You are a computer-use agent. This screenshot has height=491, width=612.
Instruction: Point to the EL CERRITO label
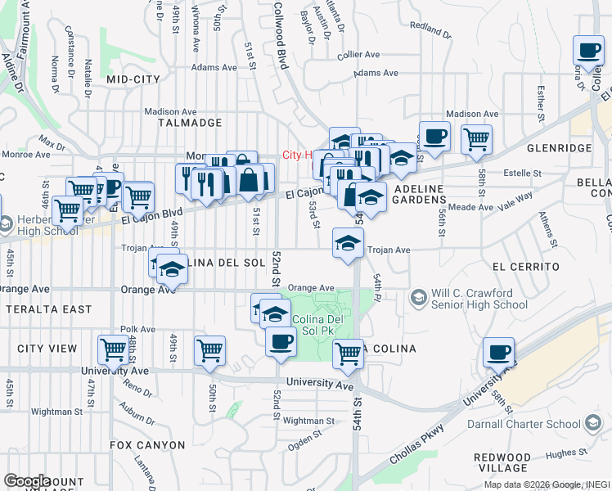[x=525, y=267]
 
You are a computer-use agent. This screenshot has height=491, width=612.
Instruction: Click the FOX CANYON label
[x=147, y=445]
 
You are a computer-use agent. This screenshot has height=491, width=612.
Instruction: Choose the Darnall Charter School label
[x=524, y=425]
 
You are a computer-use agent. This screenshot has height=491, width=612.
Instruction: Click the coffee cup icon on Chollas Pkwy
[x=498, y=354]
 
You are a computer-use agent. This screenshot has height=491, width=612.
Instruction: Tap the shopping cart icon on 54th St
[x=349, y=354]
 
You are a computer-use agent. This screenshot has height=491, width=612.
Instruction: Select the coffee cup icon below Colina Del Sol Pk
[x=281, y=342]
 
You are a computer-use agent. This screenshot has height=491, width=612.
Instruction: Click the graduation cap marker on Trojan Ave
[x=348, y=243]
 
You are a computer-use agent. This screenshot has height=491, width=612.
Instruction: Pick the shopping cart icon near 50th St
[x=210, y=351]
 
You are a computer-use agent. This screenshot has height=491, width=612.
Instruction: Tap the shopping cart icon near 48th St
[x=114, y=350]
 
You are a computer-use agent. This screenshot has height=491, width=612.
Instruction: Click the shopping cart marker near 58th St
[x=476, y=139]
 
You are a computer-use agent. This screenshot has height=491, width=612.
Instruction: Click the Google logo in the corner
[x=27, y=481]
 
